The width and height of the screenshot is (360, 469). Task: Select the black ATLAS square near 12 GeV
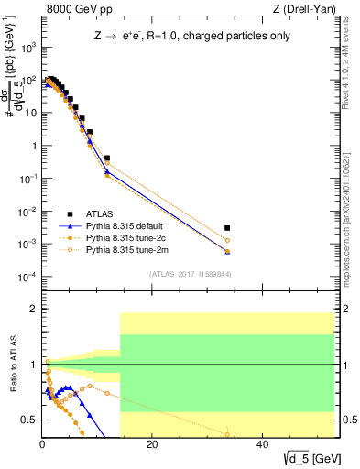tap(107, 158)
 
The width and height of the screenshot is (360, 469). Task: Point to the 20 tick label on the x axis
tap(153, 446)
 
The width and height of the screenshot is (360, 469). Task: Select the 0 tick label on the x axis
tap(43, 446)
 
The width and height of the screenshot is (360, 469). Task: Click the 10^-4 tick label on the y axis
tap(29, 277)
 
